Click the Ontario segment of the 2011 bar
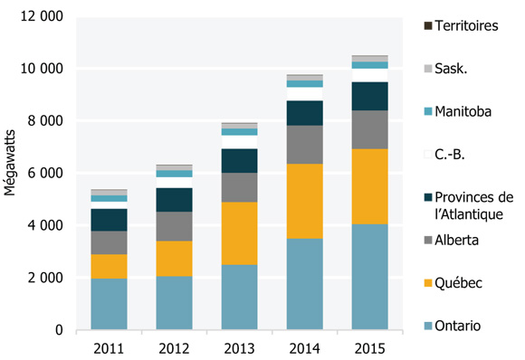click(109, 304)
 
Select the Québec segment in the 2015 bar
click(369, 186)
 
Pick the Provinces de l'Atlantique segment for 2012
click(174, 200)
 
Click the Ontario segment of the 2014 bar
click(304, 284)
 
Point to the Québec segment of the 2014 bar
click(304, 201)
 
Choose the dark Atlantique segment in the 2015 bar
click(369, 96)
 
